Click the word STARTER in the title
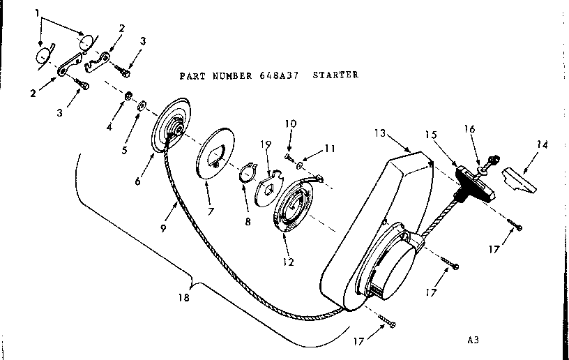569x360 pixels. [335, 75]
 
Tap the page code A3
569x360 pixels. [475, 342]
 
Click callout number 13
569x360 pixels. [379, 133]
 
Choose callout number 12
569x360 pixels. [288, 262]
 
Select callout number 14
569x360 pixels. [542, 145]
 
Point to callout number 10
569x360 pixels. [290, 123]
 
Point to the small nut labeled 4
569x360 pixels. [129, 95]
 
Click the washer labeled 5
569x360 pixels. [142, 106]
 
